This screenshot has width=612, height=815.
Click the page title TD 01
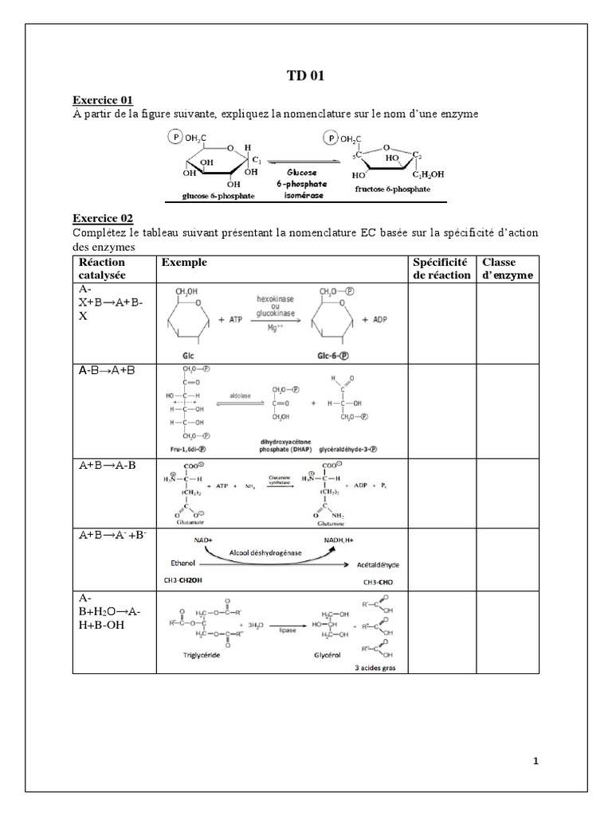306,76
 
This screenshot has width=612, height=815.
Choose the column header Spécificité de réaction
441,268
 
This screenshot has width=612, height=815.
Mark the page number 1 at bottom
535,761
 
